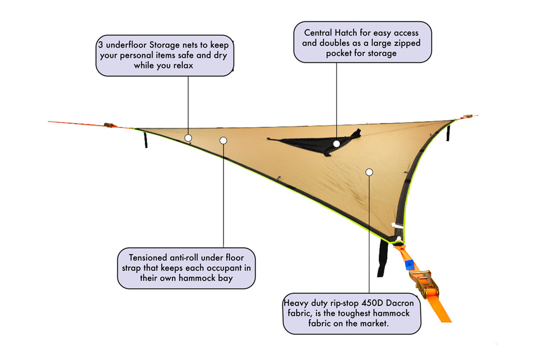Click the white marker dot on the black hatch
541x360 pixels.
(x=337, y=144)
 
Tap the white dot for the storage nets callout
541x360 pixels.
(x=188, y=138)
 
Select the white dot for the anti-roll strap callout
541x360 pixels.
(x=223, y=141)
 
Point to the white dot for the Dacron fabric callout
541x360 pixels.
(x=369, y=172)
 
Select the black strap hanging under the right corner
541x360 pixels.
(x=448, y=132)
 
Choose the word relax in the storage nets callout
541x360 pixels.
(x=181, y=65)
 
